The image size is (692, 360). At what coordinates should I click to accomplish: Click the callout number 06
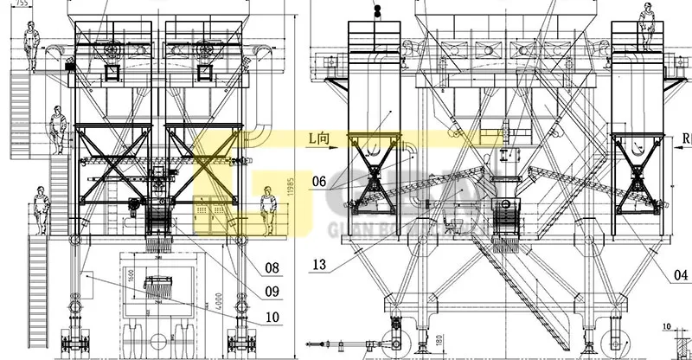click(318, 182)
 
